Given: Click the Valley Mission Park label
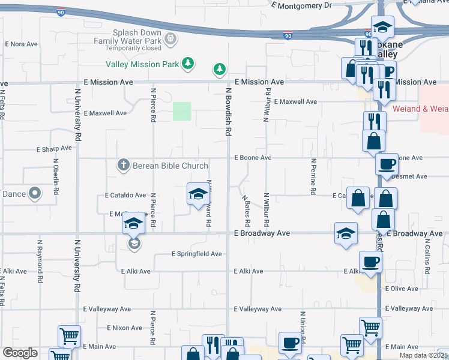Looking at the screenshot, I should (x=142, y=64).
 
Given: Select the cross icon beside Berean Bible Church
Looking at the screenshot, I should (x=124, y=165).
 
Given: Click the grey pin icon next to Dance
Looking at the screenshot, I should (x=35, y=193).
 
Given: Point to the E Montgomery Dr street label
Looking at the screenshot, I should (x=301, y=5).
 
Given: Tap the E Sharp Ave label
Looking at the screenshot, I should (x=54, y=148).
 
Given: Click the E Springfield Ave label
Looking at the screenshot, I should (x=196, y=254).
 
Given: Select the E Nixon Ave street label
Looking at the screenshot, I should (x=124, y=328).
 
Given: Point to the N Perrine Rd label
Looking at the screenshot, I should (x=313, y=176).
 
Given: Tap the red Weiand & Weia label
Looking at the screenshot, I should (x=421, y=109).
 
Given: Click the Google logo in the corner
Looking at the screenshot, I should (x=19, y=353).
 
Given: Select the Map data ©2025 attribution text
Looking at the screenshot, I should (x=423, y=355).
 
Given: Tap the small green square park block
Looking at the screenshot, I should (x=182, y=111).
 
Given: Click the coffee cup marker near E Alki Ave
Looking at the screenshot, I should (x=370, y=262).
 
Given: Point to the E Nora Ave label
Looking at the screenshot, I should (x=22, y=44).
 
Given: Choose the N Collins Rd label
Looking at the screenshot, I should (x=427, y=256).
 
